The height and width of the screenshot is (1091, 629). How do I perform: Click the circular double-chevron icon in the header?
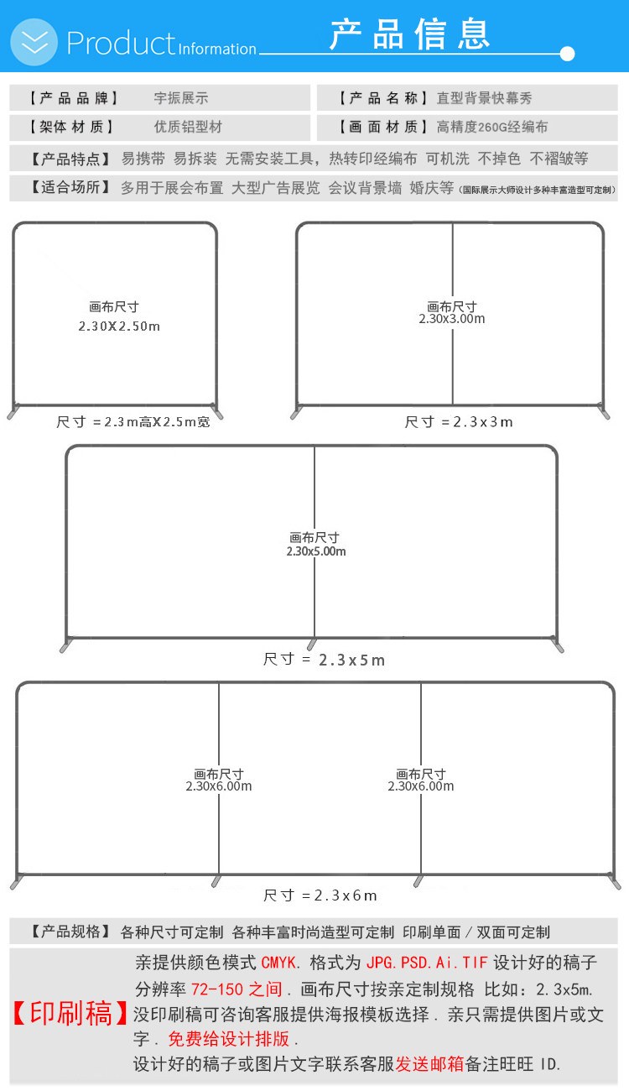click(34, 42)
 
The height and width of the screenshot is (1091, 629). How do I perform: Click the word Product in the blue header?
click(121, 44)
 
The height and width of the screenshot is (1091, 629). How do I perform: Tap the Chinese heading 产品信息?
click(409, 34)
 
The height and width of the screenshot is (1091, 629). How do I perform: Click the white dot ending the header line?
click(567, 54)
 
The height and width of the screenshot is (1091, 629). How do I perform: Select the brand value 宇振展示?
click(181, 98)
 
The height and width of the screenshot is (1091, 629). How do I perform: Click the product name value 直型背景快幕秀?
click(485, 98)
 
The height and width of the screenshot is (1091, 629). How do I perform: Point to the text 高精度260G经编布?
click(492, 127)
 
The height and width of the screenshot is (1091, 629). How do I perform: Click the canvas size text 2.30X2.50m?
click(119, 326)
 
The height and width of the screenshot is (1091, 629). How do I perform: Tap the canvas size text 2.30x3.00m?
click(452, 319)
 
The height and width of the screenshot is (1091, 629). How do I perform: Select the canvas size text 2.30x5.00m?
click(316, 551)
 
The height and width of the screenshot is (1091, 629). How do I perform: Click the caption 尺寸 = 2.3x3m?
click(459, 422)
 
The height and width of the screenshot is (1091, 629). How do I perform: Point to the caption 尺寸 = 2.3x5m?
click(324, 660)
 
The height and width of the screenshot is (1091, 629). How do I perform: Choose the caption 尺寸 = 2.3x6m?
click(320, 895)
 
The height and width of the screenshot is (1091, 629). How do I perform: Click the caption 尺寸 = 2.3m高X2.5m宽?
click(133, 422)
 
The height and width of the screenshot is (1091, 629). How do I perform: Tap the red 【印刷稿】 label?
click(70, 1014)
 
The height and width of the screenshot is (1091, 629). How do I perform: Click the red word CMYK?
click(278, 963)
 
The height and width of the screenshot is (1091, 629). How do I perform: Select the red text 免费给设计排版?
click(229, 1039)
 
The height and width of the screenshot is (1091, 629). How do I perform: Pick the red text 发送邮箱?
click(429, 1064)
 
